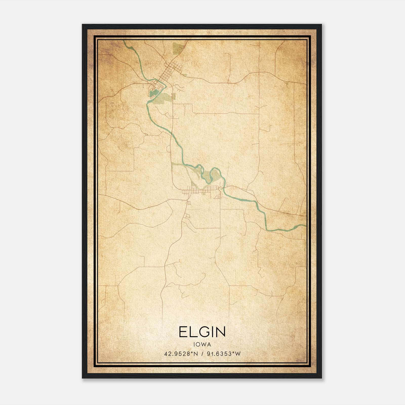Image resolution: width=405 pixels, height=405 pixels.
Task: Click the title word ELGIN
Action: click(202, 332)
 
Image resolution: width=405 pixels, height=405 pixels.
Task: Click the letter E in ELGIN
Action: click(183, 332)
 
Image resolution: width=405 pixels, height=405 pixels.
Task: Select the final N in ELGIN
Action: click(220, 332)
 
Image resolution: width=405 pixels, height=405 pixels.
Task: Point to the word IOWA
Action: click(202, 345)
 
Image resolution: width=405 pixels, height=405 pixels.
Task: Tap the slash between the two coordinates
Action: click(202, 354)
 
